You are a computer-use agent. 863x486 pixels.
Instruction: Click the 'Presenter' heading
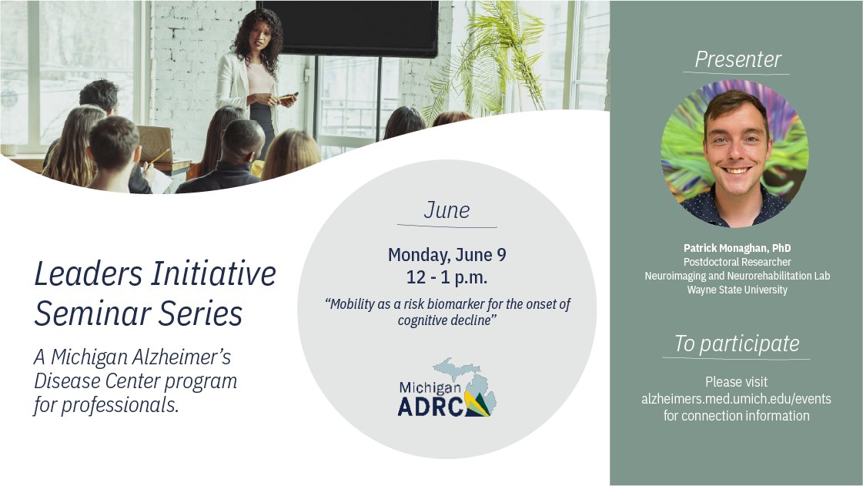tap(738, 59)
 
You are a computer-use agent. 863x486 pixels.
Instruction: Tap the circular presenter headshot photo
tap(734, 153)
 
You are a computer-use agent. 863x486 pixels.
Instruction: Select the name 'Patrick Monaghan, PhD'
tap(737, 248)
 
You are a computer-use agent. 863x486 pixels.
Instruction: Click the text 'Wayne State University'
tap(737, 290)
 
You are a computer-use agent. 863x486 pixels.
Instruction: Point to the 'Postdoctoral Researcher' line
tap(737, 262)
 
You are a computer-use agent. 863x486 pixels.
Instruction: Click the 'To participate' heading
tap(736, 344)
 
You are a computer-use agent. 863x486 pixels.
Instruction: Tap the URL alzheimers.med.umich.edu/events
tap(736, 399)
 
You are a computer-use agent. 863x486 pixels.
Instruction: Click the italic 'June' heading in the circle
tap(447, 210)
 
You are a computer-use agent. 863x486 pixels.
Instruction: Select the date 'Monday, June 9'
tap(447, 255)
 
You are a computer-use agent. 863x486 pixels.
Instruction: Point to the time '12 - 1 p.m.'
tap(447, 276)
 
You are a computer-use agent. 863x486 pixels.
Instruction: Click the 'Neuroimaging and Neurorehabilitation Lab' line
tap(737, 276)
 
